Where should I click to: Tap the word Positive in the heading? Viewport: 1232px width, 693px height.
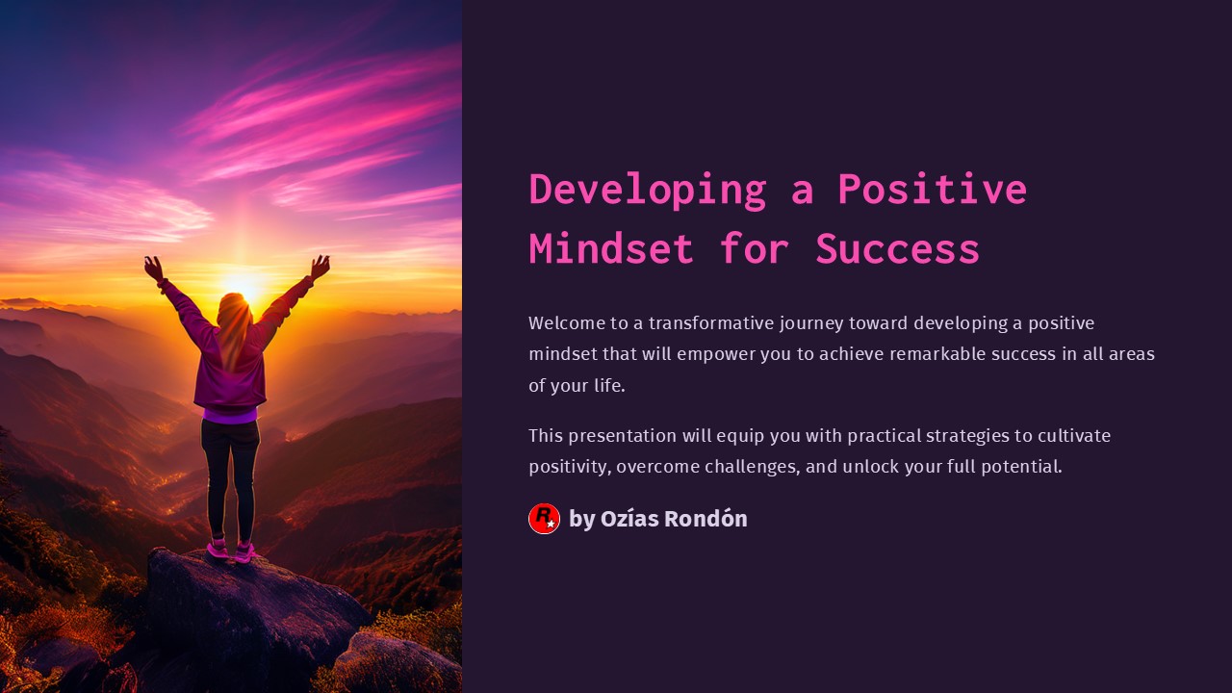click(x=933, y=189)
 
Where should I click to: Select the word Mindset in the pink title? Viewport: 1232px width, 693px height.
click(x=611, y=248)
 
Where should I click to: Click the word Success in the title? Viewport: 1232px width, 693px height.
click(x=898, y=248)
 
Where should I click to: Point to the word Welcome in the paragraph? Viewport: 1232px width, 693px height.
click(x=567, y=322)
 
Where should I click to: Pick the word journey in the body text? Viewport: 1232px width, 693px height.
click(x=811, y=324)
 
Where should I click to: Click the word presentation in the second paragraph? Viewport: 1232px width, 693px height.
click(x=623, y=436)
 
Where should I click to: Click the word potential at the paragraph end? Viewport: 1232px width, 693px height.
click(x=1021, y=468)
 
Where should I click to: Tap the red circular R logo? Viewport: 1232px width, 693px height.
click(x=544, y=519)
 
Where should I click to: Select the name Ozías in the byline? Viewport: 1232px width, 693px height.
click(x=629, y=519)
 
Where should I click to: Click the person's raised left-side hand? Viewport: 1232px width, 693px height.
click(x=153, y=269)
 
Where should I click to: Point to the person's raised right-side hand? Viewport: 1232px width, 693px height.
click(x=321, y=267)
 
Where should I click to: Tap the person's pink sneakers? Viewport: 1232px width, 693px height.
click(x=231, y=551)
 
